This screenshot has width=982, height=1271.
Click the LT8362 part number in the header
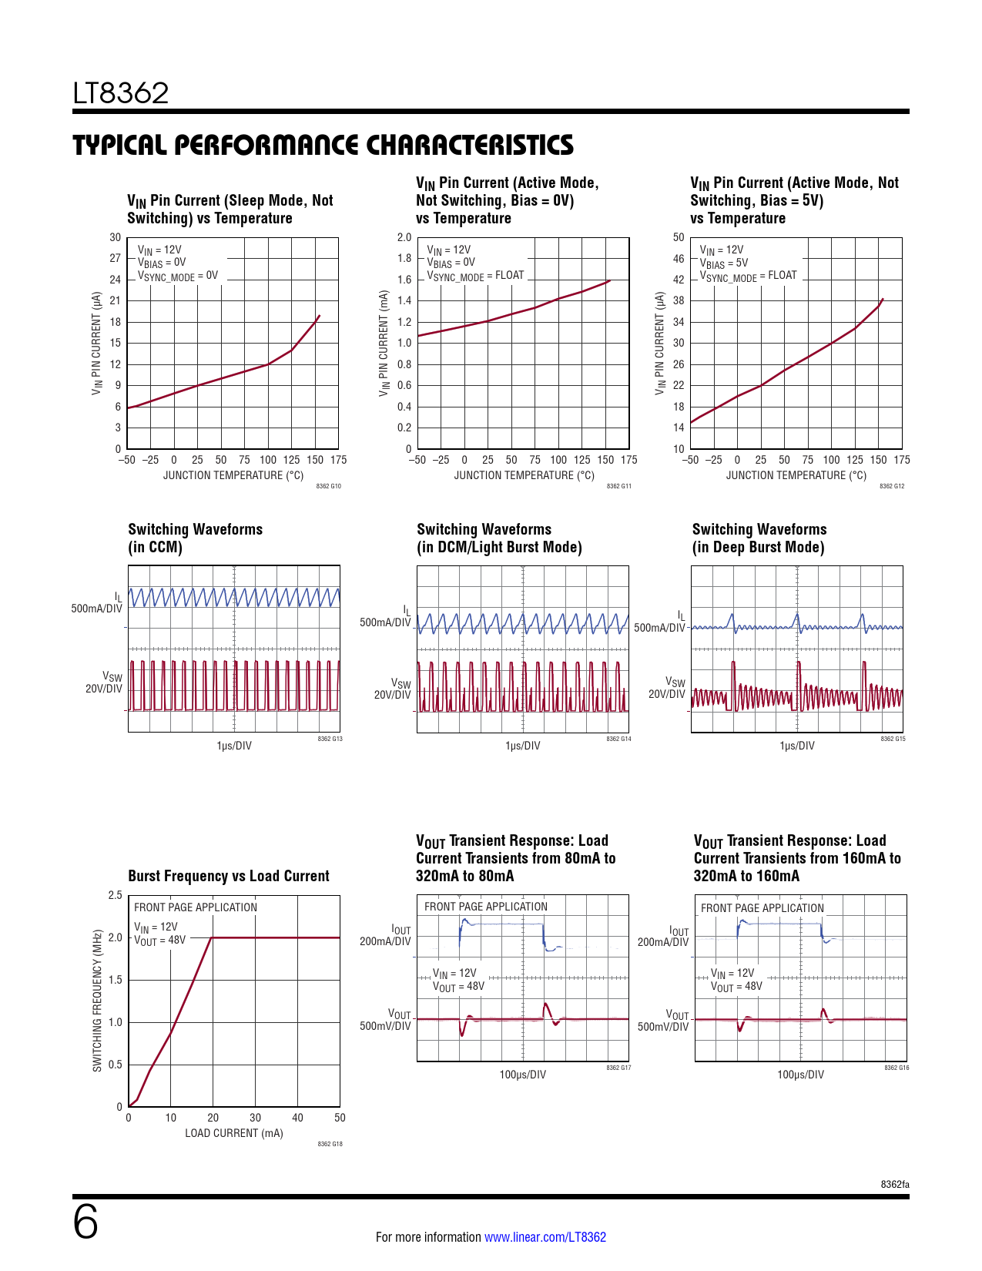[121, 93]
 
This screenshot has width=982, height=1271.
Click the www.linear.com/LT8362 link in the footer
[545, 1237]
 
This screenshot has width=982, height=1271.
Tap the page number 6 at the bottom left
[85, 1222]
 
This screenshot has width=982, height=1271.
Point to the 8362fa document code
[895, 1184]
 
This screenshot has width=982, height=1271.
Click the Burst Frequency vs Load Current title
[228, 876]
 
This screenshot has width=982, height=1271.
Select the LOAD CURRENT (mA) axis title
[233, 1133]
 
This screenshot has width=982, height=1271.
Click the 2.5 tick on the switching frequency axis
[115, 895]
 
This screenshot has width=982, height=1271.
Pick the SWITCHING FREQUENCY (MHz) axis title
[97, 1001]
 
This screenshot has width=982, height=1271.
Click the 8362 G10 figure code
[329, 486]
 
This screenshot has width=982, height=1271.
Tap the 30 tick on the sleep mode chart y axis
[115, 237]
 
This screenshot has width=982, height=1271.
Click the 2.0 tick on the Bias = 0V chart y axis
[404, 237]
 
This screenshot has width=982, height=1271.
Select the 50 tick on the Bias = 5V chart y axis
[678, 237]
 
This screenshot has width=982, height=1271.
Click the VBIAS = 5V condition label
[723, 263]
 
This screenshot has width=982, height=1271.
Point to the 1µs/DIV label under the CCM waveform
[233, 746]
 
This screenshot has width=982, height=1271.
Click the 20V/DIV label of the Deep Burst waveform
[666, 694]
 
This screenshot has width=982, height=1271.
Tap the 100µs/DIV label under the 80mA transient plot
[522, 1075]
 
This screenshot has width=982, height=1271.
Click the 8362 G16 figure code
[897, 1068]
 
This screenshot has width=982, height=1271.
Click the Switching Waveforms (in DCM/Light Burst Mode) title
[499, 538]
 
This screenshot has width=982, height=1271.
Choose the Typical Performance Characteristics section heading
[323, 145]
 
